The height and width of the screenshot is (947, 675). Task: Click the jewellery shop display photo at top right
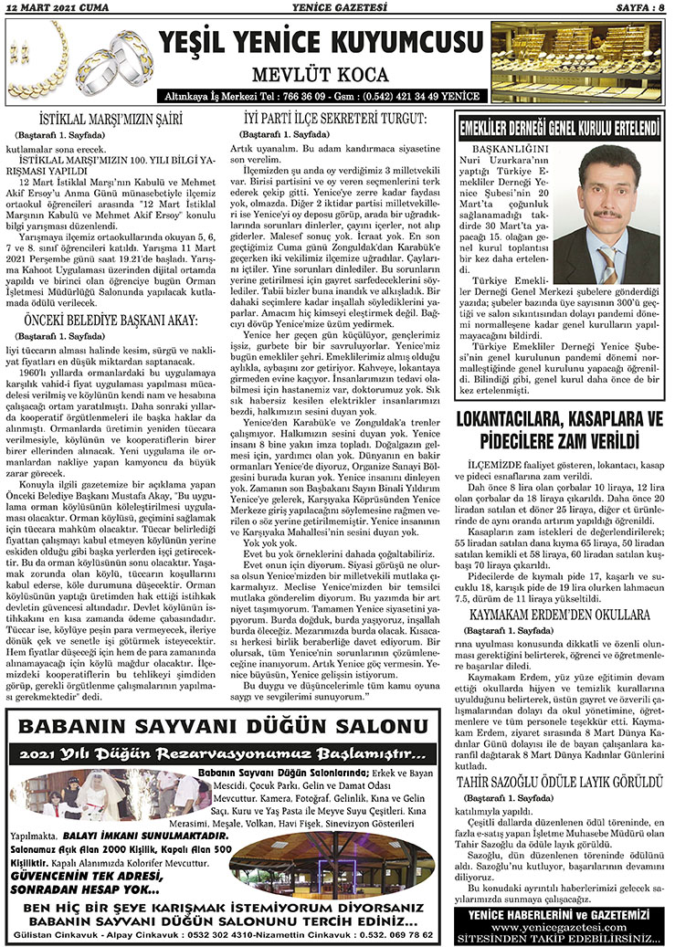[590, 59]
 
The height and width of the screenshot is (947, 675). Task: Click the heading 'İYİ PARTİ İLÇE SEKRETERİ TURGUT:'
[335, 119]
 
